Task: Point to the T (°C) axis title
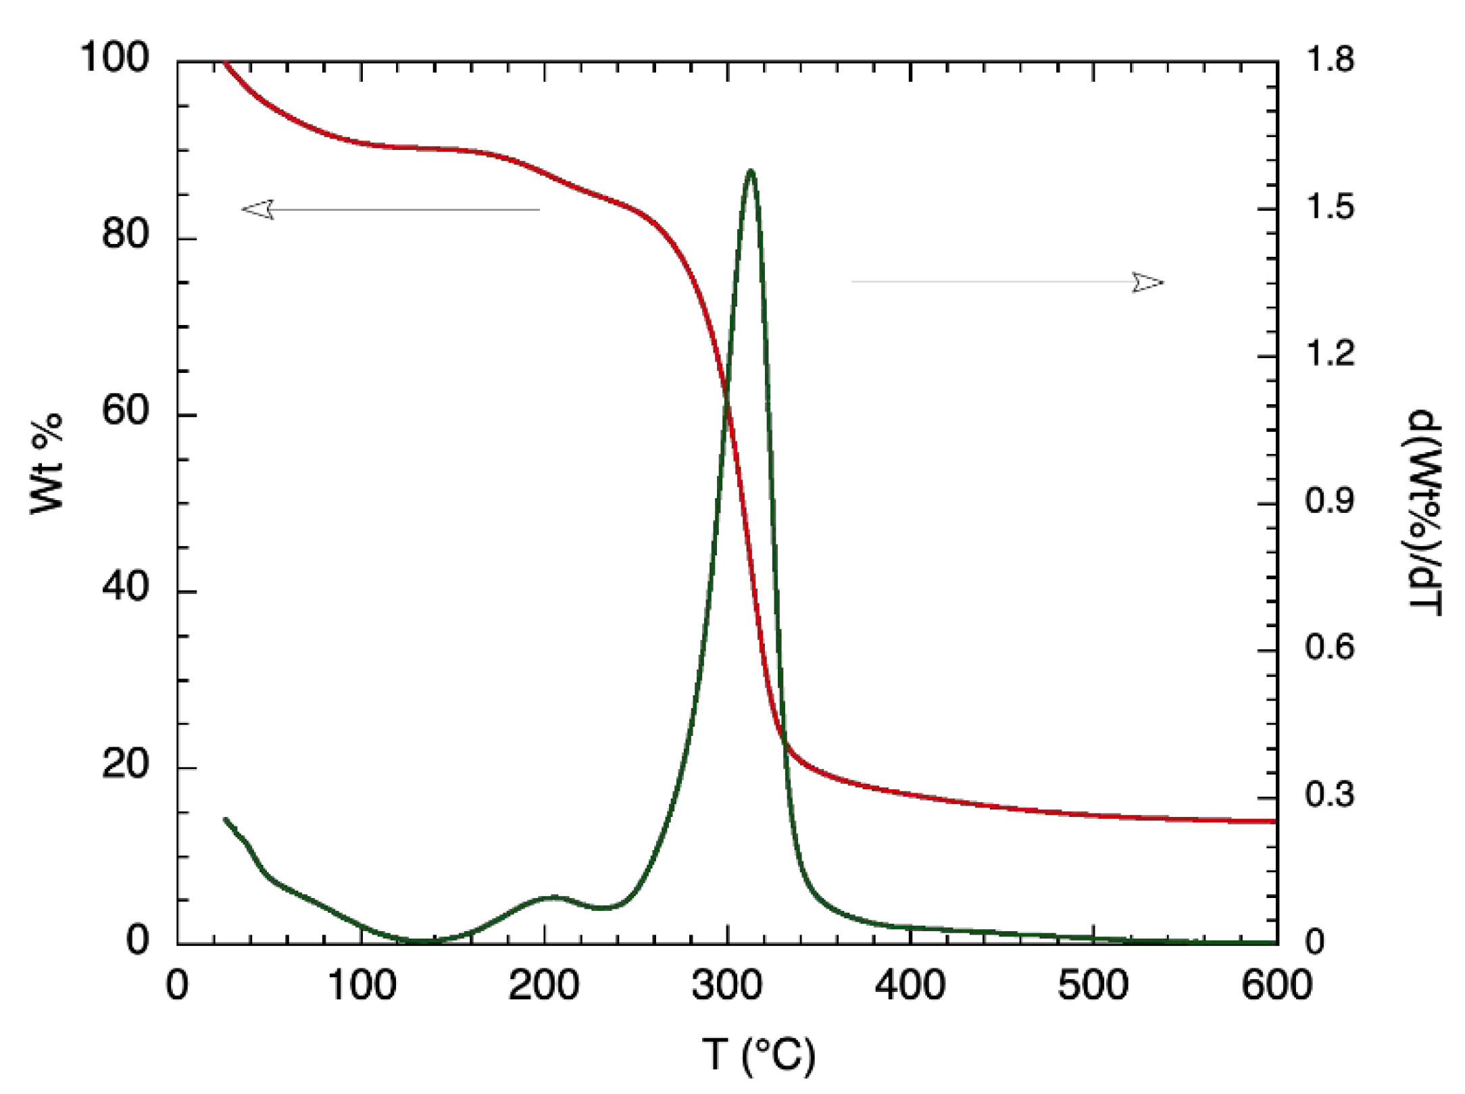click(758, 1055)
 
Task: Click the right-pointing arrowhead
click(1149, 282)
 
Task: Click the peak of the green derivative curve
click(751, 170)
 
